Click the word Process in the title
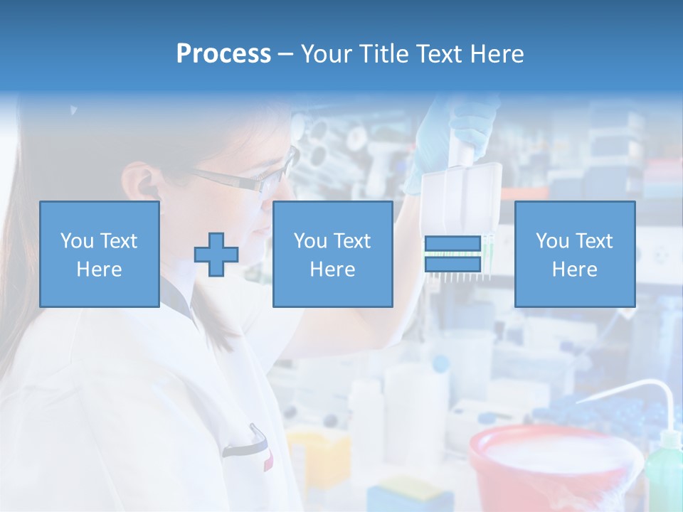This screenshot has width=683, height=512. coord(223,53)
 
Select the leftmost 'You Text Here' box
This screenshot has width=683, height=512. coord(99,254)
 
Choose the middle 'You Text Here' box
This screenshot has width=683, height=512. coord(332,254)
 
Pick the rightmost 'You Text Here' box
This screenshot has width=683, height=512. coord(574,254)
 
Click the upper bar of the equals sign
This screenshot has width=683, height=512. coord(452,244)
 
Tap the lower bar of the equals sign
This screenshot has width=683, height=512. coord(452,264)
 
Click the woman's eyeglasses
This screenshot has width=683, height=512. coord(249,178)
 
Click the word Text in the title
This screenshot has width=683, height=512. coord(436,53)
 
